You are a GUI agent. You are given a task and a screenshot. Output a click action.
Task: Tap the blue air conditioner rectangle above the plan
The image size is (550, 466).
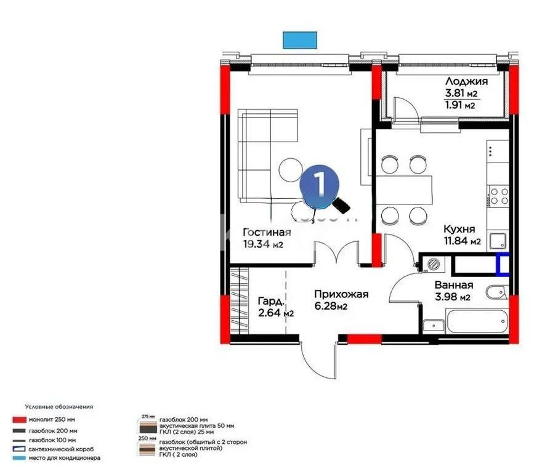(300, 40)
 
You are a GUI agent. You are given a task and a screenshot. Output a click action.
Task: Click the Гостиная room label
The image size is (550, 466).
(266, 233)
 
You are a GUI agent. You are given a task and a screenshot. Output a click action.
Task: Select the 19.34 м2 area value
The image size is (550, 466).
(262, 244)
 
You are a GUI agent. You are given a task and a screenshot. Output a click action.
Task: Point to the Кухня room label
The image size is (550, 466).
(461, 229)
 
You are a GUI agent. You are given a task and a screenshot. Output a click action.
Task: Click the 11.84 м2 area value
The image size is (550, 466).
(462, 241)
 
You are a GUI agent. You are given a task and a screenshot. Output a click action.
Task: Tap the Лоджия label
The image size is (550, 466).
(466, 81)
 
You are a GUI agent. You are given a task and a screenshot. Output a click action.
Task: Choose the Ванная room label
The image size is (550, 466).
(453, 285)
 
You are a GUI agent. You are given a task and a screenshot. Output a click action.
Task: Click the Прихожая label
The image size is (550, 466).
(340, 294)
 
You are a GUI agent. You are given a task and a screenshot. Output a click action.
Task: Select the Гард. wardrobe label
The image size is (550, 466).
(272, 302)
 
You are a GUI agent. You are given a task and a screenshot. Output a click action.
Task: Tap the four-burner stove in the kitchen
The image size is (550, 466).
(498, 196)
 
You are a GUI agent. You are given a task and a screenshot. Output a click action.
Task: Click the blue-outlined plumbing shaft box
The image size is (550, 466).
(503, 264)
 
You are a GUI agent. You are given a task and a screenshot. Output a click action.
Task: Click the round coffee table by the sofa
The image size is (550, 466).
(289, 170)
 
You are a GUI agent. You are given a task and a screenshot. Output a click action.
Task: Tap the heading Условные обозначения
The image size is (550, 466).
(59, 407)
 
